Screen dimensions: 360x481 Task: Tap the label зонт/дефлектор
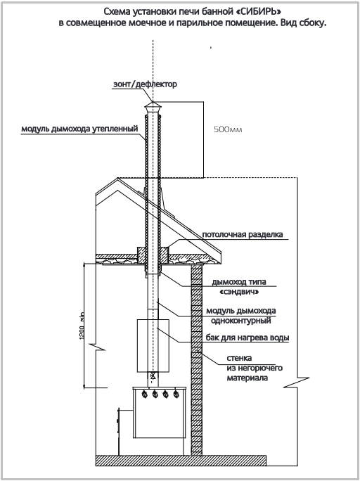pyautogui.click(x=145, y=84)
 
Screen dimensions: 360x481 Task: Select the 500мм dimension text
pyautogui.click(x=228, y=129)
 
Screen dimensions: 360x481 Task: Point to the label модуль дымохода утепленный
pyautogui.click(x=79, y=129)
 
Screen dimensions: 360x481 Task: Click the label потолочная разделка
pyautogui.click(x=243, y=235)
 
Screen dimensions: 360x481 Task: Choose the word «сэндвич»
pyautogui.click(x=239, y=292)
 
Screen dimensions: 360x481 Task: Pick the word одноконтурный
pyautogui.click(x=241, y=321)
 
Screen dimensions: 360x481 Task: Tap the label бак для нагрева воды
pyautogui.click(x=247, y=338)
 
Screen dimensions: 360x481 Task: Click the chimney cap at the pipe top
pyautogui.click(x=153, y=108)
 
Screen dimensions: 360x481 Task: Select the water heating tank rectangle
pyautogui.click(x=153, y=345)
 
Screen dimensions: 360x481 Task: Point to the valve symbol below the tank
pyautogui.click(x=153, y=376)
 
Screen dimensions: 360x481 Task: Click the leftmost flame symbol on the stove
pyautogui.click(x=144, y=394)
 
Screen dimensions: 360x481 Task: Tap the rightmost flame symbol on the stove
pyautogui.click(x=176, y=394)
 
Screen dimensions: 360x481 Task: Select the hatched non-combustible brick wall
pyautogui.click(x=197, y=359)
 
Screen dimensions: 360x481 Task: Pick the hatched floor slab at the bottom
pyautogui.click(x=181, y=461)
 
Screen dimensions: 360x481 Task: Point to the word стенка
pyautogui.click(x=240, y=359)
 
